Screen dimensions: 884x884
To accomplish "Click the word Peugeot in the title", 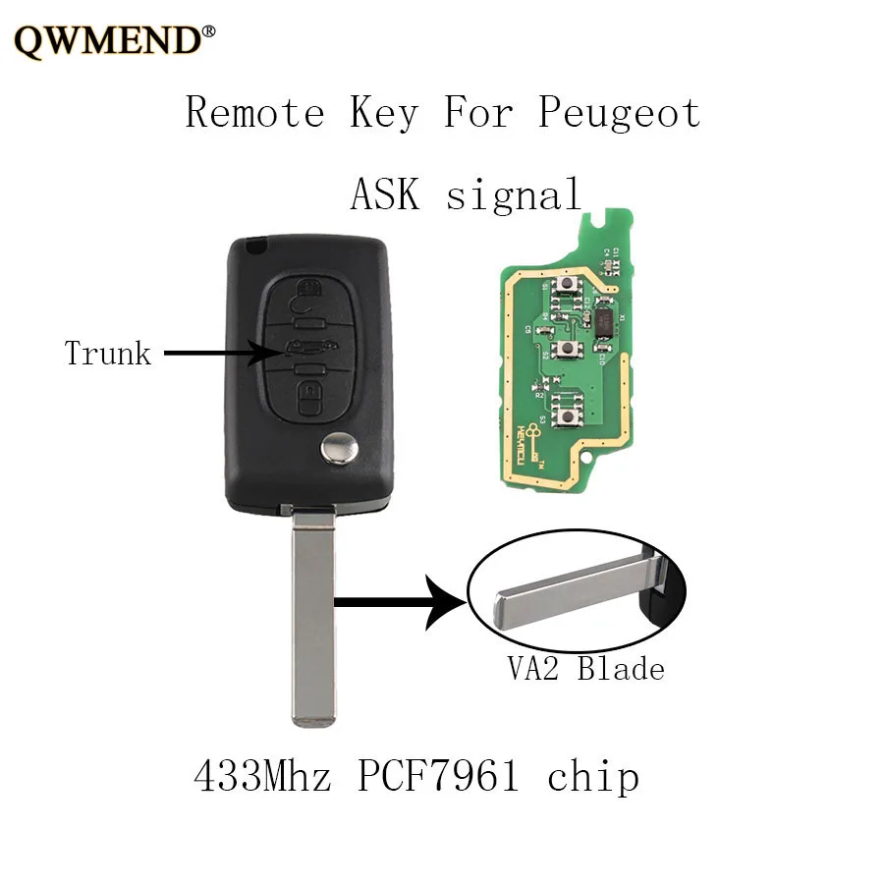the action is [x=619, y=113].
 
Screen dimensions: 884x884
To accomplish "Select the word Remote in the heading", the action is [x=254, y=113].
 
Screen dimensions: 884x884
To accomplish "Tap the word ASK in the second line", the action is [x=385, y=194].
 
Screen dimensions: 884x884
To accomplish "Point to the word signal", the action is [x=514, y=194].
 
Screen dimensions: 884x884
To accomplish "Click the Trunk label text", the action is [x=108, y=353].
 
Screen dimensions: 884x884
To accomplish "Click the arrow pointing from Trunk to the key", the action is [x=211, y=352].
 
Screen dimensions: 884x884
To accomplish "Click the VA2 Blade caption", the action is [x=585, y=669].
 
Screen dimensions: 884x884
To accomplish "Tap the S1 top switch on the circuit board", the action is [x=568, y=287].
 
